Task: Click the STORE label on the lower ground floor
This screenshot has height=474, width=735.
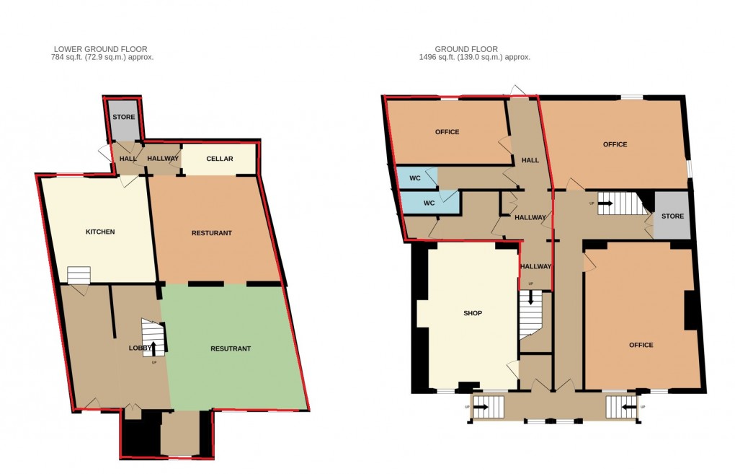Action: (x=123, y=117)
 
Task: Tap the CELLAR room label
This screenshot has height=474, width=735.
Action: (x=219, y=159)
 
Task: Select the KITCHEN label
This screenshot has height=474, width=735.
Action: (x=100, y=232)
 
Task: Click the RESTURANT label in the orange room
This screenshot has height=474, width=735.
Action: (x=211, y=233)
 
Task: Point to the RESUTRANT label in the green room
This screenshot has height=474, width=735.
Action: (x=230, y=348)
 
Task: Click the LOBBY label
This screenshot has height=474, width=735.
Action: (x=141, y=348)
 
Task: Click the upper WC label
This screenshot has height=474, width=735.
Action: (x=415, y=177)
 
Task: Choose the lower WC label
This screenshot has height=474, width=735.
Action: (x=429, y=203)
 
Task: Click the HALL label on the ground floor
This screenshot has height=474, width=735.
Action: (x=530, y=160)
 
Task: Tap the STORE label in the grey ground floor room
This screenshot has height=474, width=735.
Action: (x=672, y=216)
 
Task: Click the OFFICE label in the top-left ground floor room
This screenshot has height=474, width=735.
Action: (x=447, y=132)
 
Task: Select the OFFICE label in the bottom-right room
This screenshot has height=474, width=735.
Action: (x=641, y=345)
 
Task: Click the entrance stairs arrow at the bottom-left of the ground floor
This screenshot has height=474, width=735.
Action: (x=479, y=407)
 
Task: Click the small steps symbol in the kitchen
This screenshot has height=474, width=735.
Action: (x=79, y=275)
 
